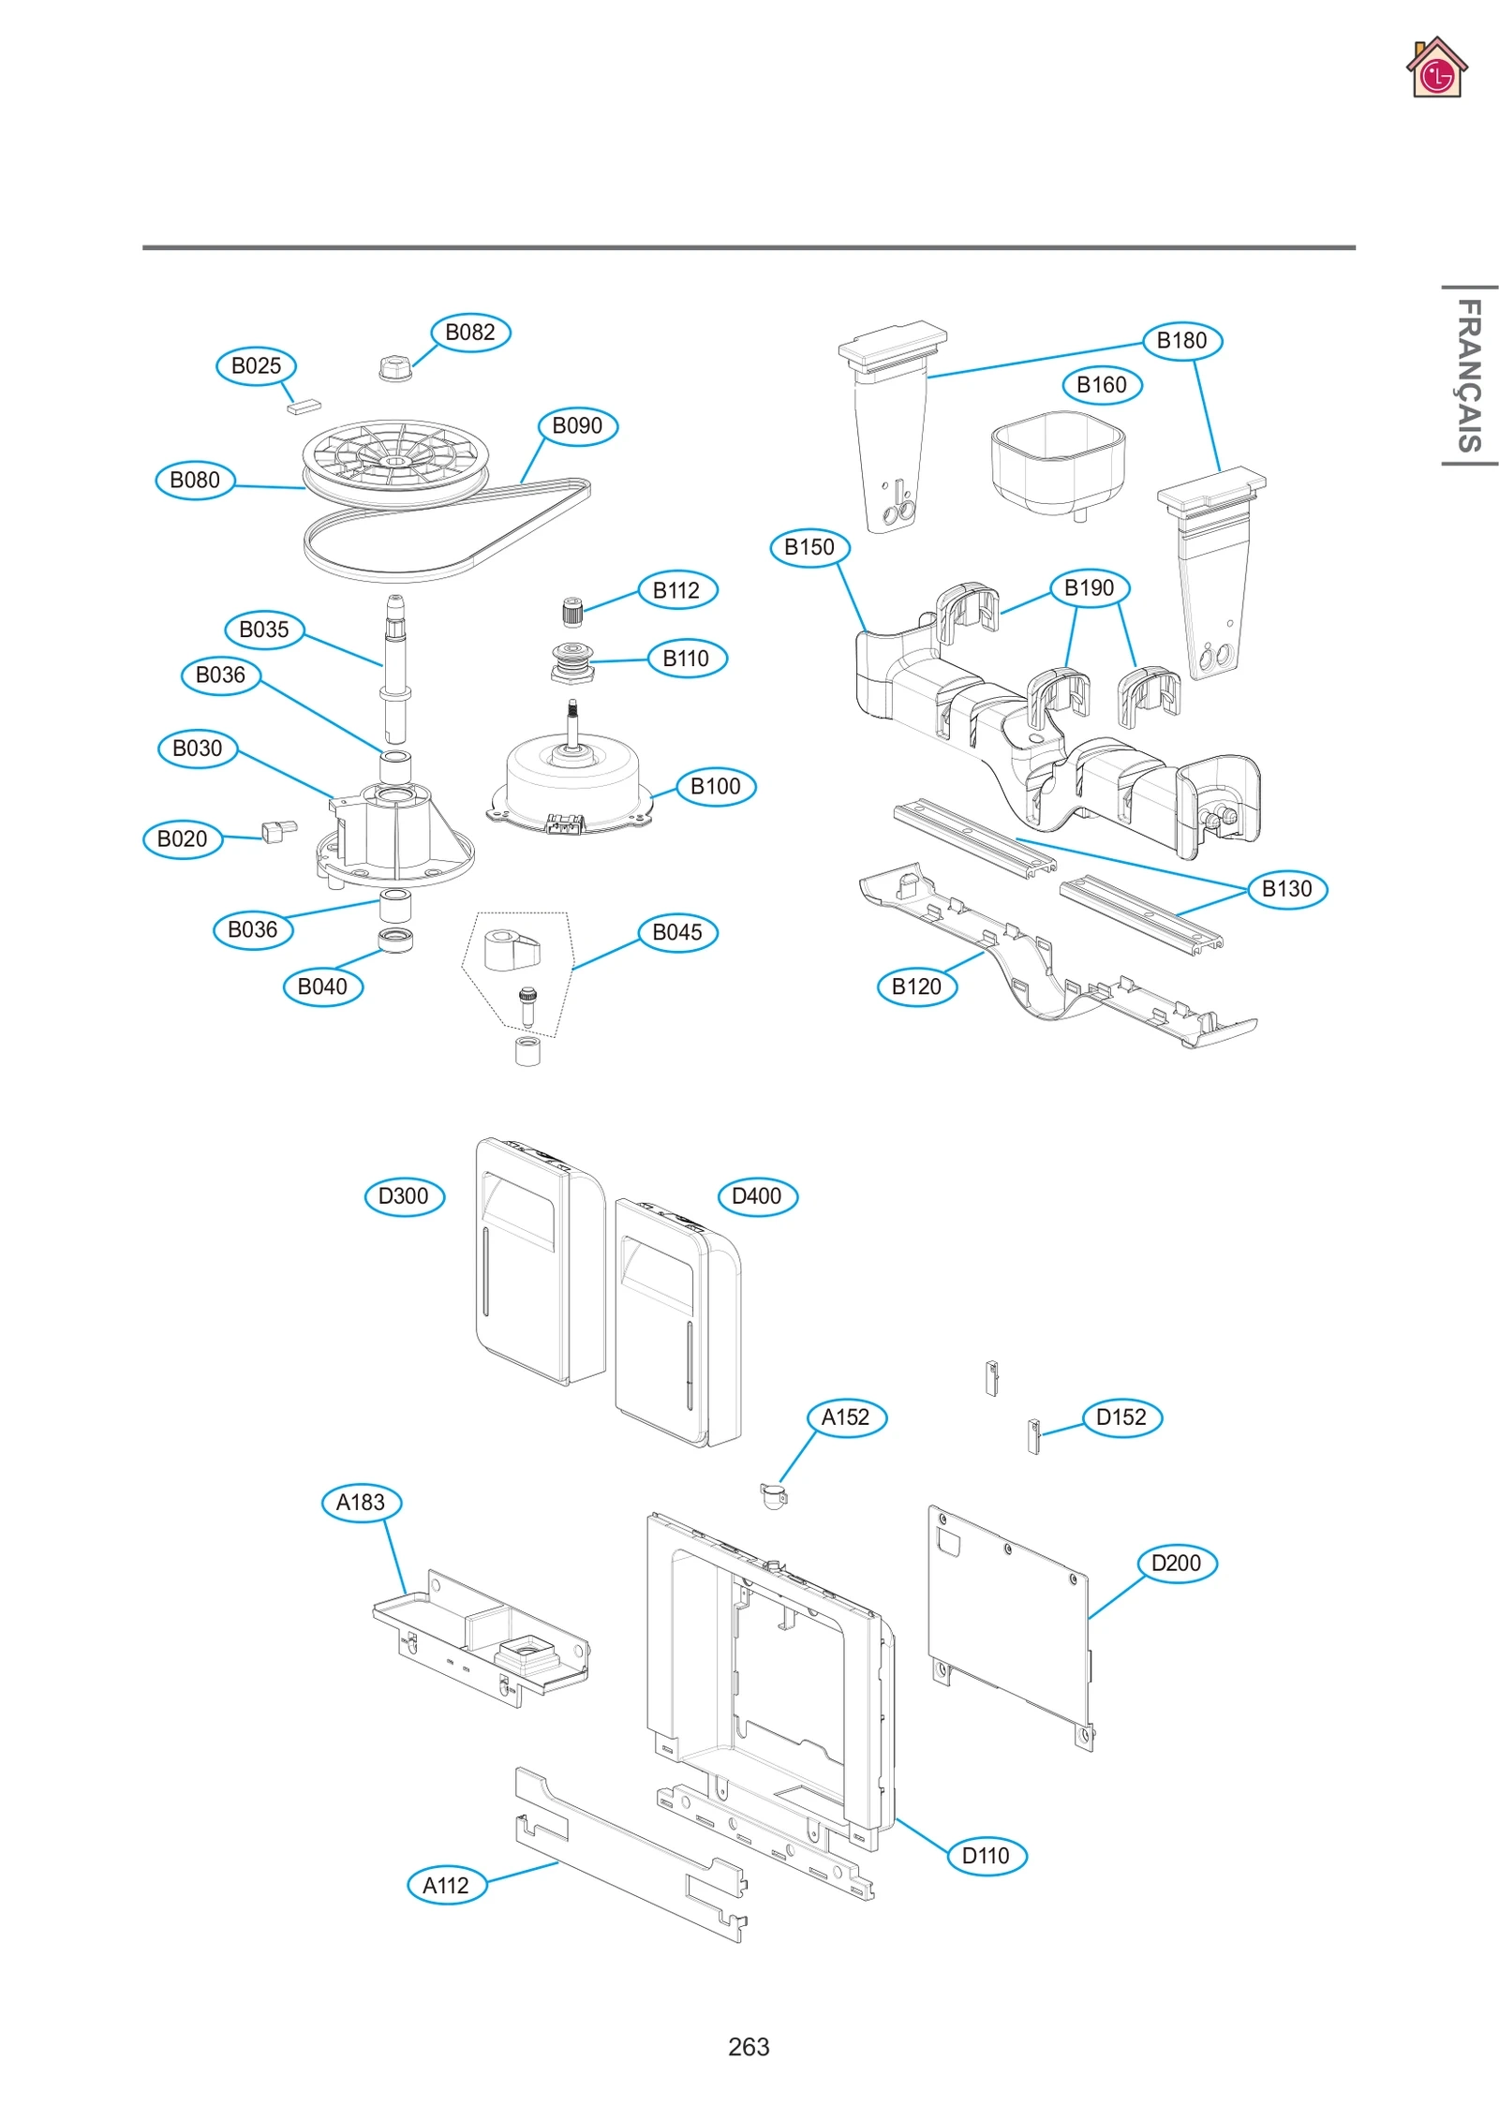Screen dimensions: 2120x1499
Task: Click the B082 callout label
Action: (x=470, y=333)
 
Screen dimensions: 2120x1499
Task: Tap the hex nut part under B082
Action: (x=395, y=367)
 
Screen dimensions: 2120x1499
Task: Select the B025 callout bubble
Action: (x=256, y=366)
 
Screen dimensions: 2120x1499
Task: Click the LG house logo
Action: (x=1436, y=68)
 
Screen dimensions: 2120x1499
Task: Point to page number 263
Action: (x=749, y=2047)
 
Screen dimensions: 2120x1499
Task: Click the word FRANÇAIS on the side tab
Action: (x=1469, y=375)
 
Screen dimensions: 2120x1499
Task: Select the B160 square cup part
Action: (x=1057, y=464)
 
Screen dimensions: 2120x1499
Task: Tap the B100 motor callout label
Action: (x=716, y=787)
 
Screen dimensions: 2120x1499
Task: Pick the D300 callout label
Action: (x=404, y=1196)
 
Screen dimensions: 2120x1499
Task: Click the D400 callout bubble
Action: (x=757, y=1196)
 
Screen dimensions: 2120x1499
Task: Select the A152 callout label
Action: (x=846, y=1417)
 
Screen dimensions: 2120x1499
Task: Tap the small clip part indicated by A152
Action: (x=774, y=1496)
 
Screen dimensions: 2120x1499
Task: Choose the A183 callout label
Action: (x=361, y=1503)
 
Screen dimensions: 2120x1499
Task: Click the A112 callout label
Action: (x=446, y=1886)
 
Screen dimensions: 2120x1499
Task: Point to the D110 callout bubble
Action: (x=987, y=1856)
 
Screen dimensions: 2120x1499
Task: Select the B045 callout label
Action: (x=677, y=933)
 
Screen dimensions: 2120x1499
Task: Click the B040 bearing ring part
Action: (x=395, y=940)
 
